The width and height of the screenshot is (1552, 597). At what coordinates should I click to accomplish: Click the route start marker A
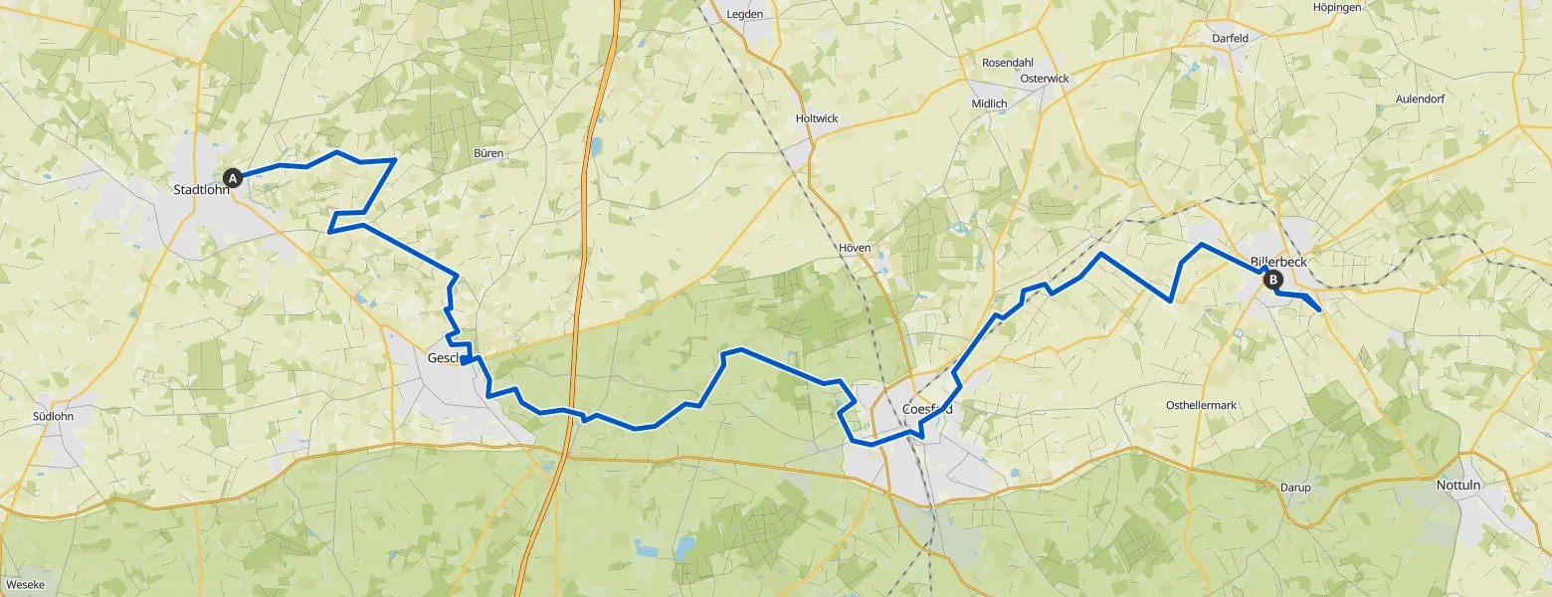pos(233,178)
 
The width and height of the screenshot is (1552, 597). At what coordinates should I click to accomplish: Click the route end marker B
pos(1273,281)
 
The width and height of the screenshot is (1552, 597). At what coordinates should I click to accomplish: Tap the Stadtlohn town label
pos(200,190)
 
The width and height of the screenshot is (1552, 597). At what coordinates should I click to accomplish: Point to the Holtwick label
pos(817,118)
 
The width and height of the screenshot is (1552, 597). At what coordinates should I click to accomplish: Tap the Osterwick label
pos(1044,78)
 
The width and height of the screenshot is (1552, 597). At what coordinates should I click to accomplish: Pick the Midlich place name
pos(990,103)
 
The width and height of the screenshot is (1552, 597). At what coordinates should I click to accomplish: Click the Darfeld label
pos(1230,38)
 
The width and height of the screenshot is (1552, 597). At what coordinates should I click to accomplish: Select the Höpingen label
pos(1337,7)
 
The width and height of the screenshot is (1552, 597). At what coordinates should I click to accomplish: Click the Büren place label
pos(488,153)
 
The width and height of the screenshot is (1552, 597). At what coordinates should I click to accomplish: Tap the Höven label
pos(855,248)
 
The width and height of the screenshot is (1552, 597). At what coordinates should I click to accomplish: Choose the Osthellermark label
pos(1200,405)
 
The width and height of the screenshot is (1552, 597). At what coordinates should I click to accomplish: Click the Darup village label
pos(1296,488)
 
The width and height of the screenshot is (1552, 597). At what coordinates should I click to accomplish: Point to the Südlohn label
pos(53,416)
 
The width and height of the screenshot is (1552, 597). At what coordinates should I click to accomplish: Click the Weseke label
pos(24,586)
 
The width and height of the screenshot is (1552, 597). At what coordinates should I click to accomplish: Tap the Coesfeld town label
pos(927,409)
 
